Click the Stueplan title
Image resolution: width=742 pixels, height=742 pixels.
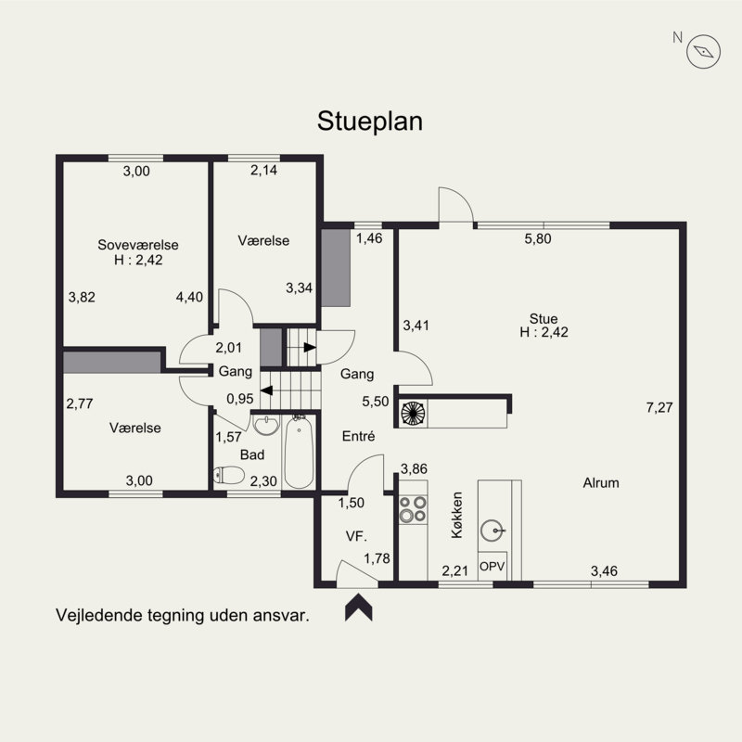pyautogui.click(x=369, y=122)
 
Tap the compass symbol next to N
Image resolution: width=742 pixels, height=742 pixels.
pyautogui.click(x=704, y=52)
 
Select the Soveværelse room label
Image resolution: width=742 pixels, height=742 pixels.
pyautogui.click(x=138, y=245)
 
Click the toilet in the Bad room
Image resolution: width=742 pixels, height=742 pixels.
pyautogui.click(x=228, y=475)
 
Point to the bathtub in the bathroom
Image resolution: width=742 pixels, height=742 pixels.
pyautogui.click(x=299, y=453)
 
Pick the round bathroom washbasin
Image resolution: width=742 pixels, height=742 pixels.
pyautogui.click(x=266, y=425)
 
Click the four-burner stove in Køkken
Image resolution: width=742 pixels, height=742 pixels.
pyautogui.click(x=413, y=509)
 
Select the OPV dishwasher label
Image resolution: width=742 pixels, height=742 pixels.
pyautogui.click(x=493, y=566)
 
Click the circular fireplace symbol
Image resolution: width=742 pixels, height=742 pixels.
pyautogui.click(x=413, y=413)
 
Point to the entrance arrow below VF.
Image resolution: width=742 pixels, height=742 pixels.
pyautogui.click(x=359, y=607)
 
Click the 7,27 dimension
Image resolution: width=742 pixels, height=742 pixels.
pyautogui.click(x=659, y=407)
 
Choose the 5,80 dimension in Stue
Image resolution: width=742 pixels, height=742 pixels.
pyautogui.click(x=538, y=238)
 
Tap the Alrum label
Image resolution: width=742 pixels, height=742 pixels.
pyautogui.click(x=601, y=482)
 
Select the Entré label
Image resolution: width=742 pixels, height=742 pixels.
pyautogui.click(x=358, y=436)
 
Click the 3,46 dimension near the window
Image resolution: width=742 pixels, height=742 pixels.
pyautogui.click(x=604, y=571)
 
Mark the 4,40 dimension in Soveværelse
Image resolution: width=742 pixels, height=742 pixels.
pyautogui.click(x=189, y=297)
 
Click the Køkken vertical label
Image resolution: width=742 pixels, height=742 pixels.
pyautogui.click(x=456, y=515)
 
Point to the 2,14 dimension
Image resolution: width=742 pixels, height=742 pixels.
pyautogui.click(x=263, y=170)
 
